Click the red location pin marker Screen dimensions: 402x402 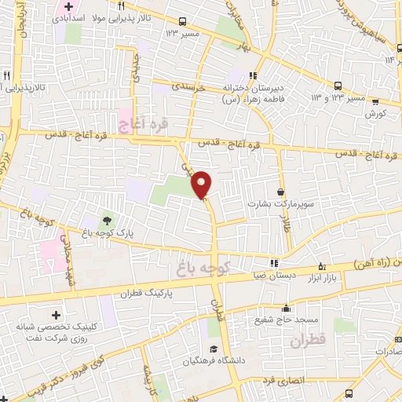(x=203, y=184)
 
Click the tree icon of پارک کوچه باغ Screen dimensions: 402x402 (x=104, y=219)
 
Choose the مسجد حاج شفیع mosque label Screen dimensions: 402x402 (x=285, y=320)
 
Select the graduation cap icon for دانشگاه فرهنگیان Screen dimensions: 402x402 (x=212, y=349)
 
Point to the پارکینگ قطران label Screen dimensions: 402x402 (x=147, y=292)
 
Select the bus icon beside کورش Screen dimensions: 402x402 (x=375, y=101)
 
